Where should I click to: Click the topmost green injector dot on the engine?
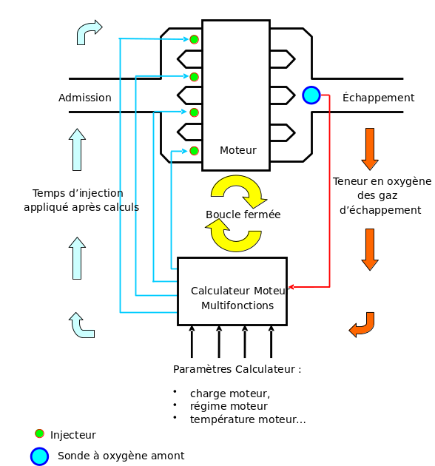(194, 39)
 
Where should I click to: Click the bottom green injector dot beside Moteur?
(194, 151)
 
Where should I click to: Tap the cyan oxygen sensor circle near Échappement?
(311, 95)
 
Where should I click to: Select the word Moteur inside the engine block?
(238, 150)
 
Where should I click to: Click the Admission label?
(85, 98)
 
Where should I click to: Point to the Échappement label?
(378, 97)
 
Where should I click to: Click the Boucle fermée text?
(243, 215)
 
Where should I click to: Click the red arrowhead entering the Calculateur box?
(291, 287)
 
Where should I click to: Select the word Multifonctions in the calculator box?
(237, 305)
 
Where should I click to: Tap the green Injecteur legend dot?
(39, 433)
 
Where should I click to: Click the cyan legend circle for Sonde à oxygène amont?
(39, 456)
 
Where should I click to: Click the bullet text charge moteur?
(230, 394)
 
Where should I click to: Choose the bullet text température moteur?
(248, 419)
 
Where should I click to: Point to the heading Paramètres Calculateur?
(237, 369)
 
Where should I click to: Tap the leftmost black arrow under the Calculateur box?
(192, 342)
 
